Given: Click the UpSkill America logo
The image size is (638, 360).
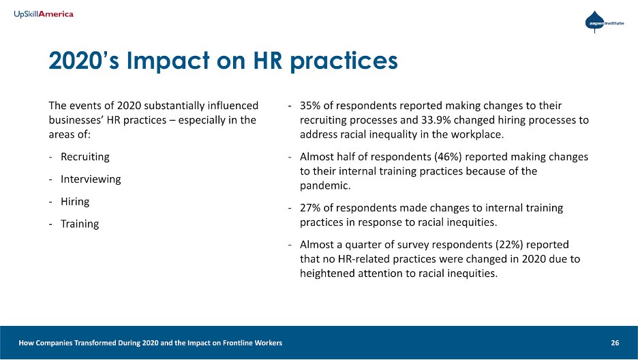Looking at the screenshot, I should point(44,14).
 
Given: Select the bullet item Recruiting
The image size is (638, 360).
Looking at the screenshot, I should point(85,157).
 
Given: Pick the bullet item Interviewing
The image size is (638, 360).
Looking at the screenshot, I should point(91,179).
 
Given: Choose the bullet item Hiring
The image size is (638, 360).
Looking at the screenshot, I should point(75,202).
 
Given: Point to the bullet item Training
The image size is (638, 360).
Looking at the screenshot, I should point(79,224).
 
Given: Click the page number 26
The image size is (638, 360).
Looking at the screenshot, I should point(615,342).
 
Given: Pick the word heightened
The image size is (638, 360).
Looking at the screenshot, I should point(327,274).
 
